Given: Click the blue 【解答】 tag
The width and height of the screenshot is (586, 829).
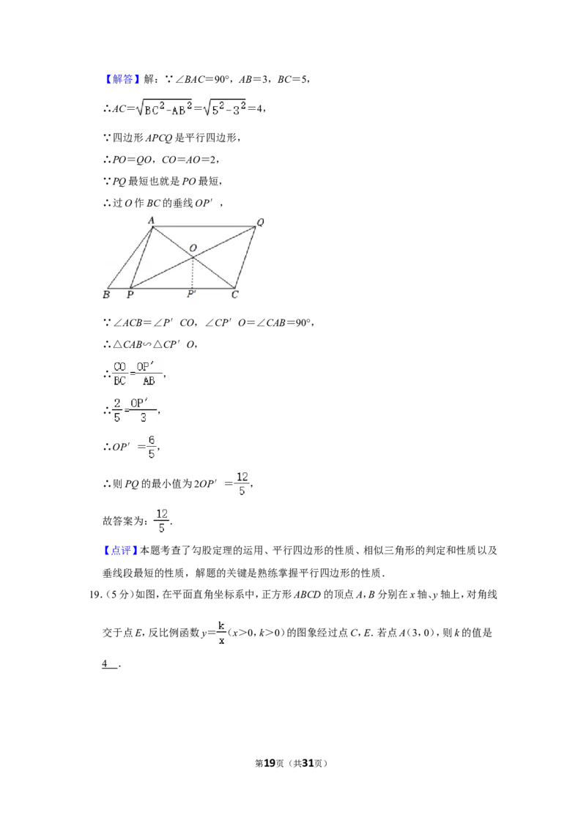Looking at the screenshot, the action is pos(121,79).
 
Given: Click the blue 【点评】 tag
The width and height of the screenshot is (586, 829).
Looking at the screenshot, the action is pos(121,551).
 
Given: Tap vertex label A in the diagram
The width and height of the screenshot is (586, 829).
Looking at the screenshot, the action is pos(151,220).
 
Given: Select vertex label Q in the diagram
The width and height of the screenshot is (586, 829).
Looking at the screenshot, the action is pos(260,222).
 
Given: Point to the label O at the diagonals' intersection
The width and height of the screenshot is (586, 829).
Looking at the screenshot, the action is pos(193,248).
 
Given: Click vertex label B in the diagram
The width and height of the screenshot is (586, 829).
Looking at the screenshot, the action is pos(106,294).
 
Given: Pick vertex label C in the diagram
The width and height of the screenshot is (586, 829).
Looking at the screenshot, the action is pos(235,294).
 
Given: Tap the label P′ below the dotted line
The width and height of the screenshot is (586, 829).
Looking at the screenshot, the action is pos(191,294).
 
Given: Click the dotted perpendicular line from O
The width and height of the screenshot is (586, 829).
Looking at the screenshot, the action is pos(193,273).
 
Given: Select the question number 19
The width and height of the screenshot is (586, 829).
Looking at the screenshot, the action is pos(95,595).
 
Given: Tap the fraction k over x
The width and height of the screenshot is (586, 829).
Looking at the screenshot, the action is pos(221,632).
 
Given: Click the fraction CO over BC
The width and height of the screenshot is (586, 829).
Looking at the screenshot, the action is pos(120,373).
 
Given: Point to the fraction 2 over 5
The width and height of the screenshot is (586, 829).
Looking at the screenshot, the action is pos(117,410).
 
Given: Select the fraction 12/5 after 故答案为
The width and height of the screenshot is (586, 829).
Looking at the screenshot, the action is pos(162,521).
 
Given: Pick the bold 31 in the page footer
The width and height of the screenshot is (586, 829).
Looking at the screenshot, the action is pos(308,763).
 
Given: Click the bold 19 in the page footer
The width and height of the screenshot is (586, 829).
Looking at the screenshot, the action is pos(270,763).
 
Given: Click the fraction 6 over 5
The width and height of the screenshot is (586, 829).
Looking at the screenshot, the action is pos(151,447).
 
